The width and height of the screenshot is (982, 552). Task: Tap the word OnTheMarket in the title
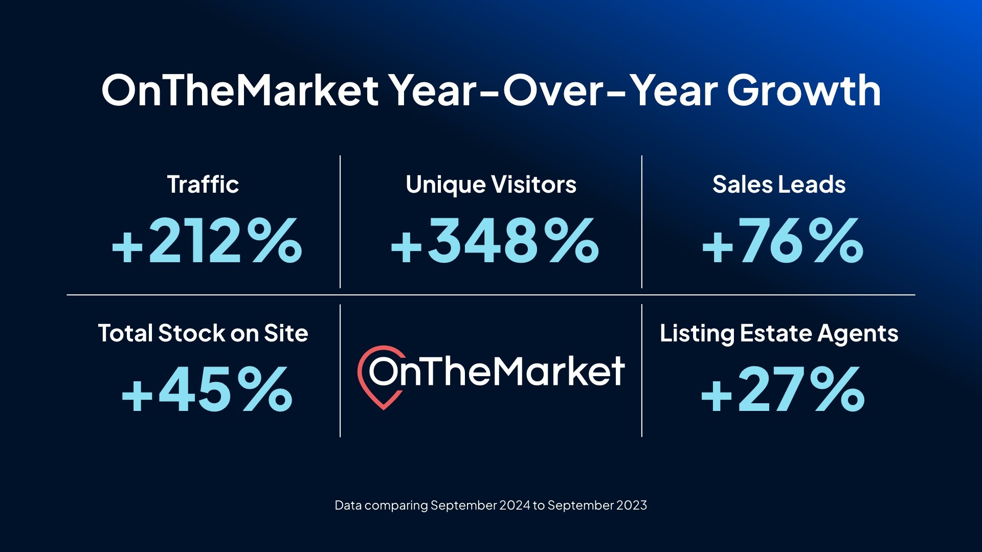point(240,91)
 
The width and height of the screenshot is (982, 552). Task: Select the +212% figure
point(207,241)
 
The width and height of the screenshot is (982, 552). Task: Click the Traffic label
point(203,185)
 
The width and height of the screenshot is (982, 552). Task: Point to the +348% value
point(495,241)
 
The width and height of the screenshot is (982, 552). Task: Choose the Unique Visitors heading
point(491,185)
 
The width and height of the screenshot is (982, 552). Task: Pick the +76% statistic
point(783,241)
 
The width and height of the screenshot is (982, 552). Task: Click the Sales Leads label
point(779,185)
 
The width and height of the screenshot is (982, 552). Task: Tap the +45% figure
point(207,389)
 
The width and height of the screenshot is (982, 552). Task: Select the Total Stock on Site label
point(203,333)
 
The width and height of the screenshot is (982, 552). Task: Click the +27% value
point(783,389)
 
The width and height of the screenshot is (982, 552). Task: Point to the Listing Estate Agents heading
point(779,333)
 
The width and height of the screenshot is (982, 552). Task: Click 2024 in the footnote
point(515,505)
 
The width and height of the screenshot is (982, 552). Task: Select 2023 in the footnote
point(632,505)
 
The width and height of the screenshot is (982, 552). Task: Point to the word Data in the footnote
point(348,505)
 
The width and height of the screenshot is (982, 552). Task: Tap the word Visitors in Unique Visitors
point(533,185)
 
